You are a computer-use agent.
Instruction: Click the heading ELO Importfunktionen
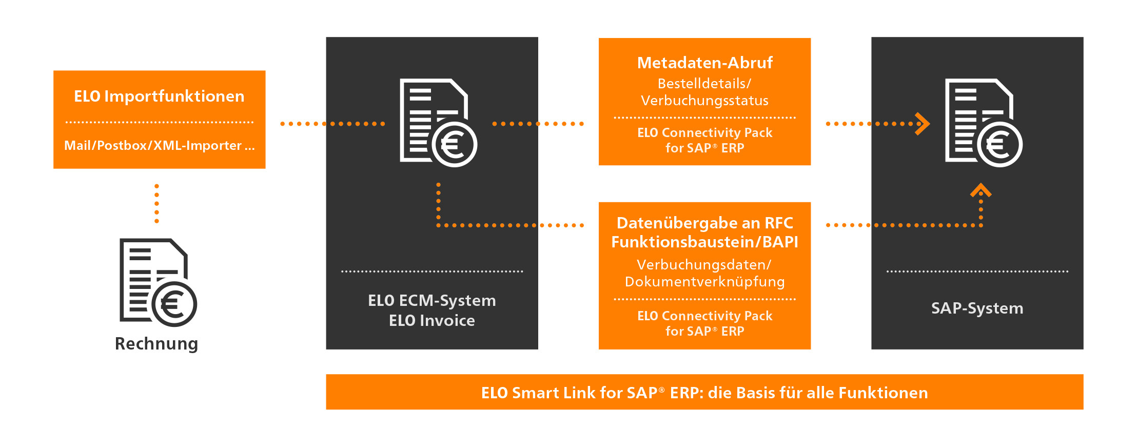159,96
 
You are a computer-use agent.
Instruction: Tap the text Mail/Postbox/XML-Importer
153,145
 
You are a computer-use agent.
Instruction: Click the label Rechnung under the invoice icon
156,344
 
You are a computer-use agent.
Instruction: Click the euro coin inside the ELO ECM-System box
455,144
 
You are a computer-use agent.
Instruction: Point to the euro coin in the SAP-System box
1000,144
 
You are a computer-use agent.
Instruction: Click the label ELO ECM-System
432,300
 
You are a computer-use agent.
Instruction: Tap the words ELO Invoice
432,320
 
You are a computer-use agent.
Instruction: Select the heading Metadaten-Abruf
705,63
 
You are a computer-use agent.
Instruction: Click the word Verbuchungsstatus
705,101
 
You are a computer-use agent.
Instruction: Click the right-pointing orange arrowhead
923,124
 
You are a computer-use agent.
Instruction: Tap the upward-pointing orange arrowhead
981,190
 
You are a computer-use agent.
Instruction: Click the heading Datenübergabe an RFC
705,223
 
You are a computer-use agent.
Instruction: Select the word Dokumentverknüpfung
705,282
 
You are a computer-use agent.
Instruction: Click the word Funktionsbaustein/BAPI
705,242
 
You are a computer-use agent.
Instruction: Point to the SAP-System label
977,308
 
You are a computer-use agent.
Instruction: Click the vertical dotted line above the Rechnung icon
156,204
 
